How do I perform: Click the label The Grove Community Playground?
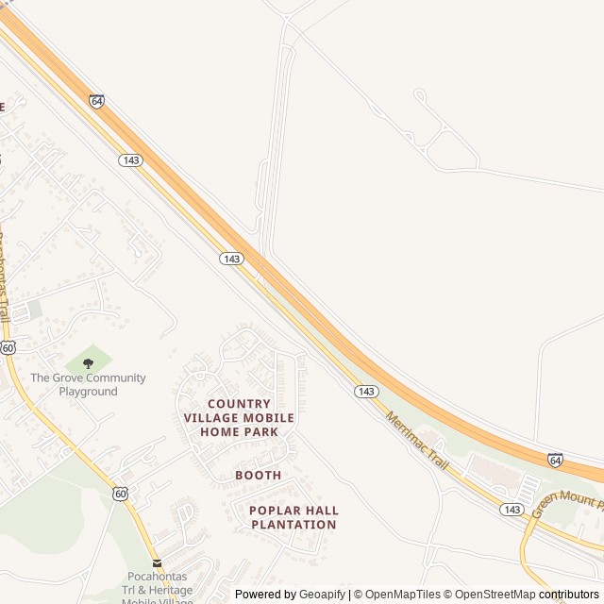click(88, 384)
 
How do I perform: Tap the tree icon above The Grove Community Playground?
click(89, 363)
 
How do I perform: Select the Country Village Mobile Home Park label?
click(239, 417)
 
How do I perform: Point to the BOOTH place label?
click(259, 475)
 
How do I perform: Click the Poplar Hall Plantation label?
click(294, 517)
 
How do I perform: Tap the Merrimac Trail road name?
click(416, 439)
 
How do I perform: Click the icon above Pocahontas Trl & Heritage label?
click(158, 563)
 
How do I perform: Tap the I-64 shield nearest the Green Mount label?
click(556, 460)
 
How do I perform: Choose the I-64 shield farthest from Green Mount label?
click(97, 100)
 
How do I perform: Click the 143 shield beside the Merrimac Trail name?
click(367, 391)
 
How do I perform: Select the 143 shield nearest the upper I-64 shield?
click(131, 160)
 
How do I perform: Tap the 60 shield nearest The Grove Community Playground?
click(8, 347)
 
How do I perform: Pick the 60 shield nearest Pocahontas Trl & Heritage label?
click(120, 493)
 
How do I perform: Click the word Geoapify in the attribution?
click(322, 595)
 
